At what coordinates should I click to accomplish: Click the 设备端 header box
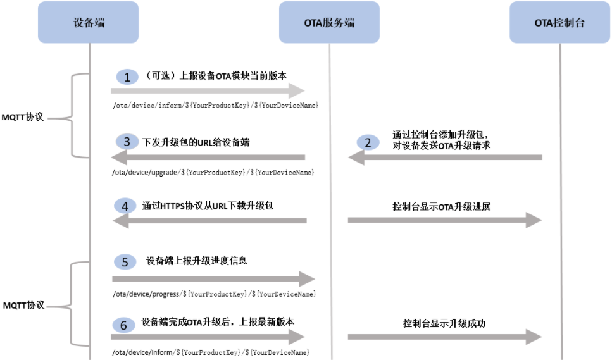89,22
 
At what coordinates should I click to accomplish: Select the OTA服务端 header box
329,22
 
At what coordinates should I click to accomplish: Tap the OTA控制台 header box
559,22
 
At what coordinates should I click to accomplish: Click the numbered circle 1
127,77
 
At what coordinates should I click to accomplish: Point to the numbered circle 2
368,142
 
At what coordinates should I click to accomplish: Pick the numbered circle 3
127,142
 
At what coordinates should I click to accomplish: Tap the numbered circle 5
125,262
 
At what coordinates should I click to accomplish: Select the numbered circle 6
123,325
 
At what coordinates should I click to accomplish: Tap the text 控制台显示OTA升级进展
441,206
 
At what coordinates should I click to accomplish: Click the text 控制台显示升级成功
444,323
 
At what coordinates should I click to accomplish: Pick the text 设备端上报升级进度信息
197,261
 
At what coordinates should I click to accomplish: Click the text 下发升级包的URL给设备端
196,142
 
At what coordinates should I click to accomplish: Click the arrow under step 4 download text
209,220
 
